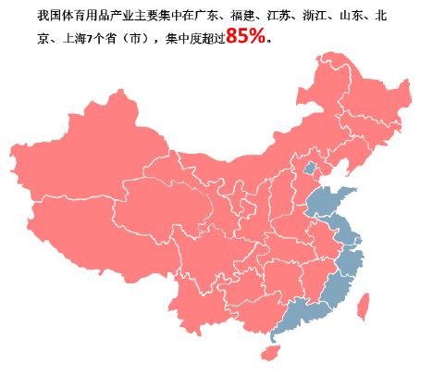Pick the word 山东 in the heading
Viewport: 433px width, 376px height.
352,16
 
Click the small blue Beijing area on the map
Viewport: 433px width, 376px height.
310,169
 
